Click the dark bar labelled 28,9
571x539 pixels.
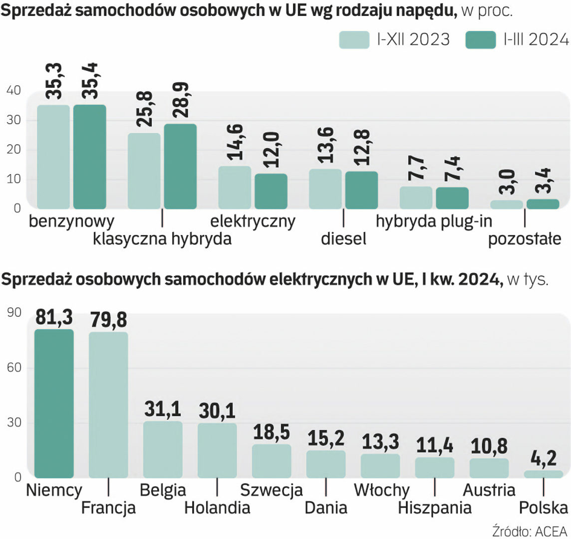(180, 166)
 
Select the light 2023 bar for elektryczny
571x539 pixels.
(235, 187)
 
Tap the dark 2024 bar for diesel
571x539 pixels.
(361, 190)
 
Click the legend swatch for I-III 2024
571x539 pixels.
(480, 40)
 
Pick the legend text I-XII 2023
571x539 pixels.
(413, 40)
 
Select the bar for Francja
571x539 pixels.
(108, 405)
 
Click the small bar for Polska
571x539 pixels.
(544, 474)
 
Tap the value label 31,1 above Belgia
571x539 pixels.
(163, 409)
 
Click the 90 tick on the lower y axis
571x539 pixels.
(14, 313)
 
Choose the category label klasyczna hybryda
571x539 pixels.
(162, 239)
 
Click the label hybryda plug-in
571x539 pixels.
(434, 221)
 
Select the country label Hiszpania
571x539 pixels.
(435, 508)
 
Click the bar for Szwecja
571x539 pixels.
(272, 461)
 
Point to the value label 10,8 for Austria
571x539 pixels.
(489, 447)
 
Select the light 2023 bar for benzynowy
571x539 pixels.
(53, 157)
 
